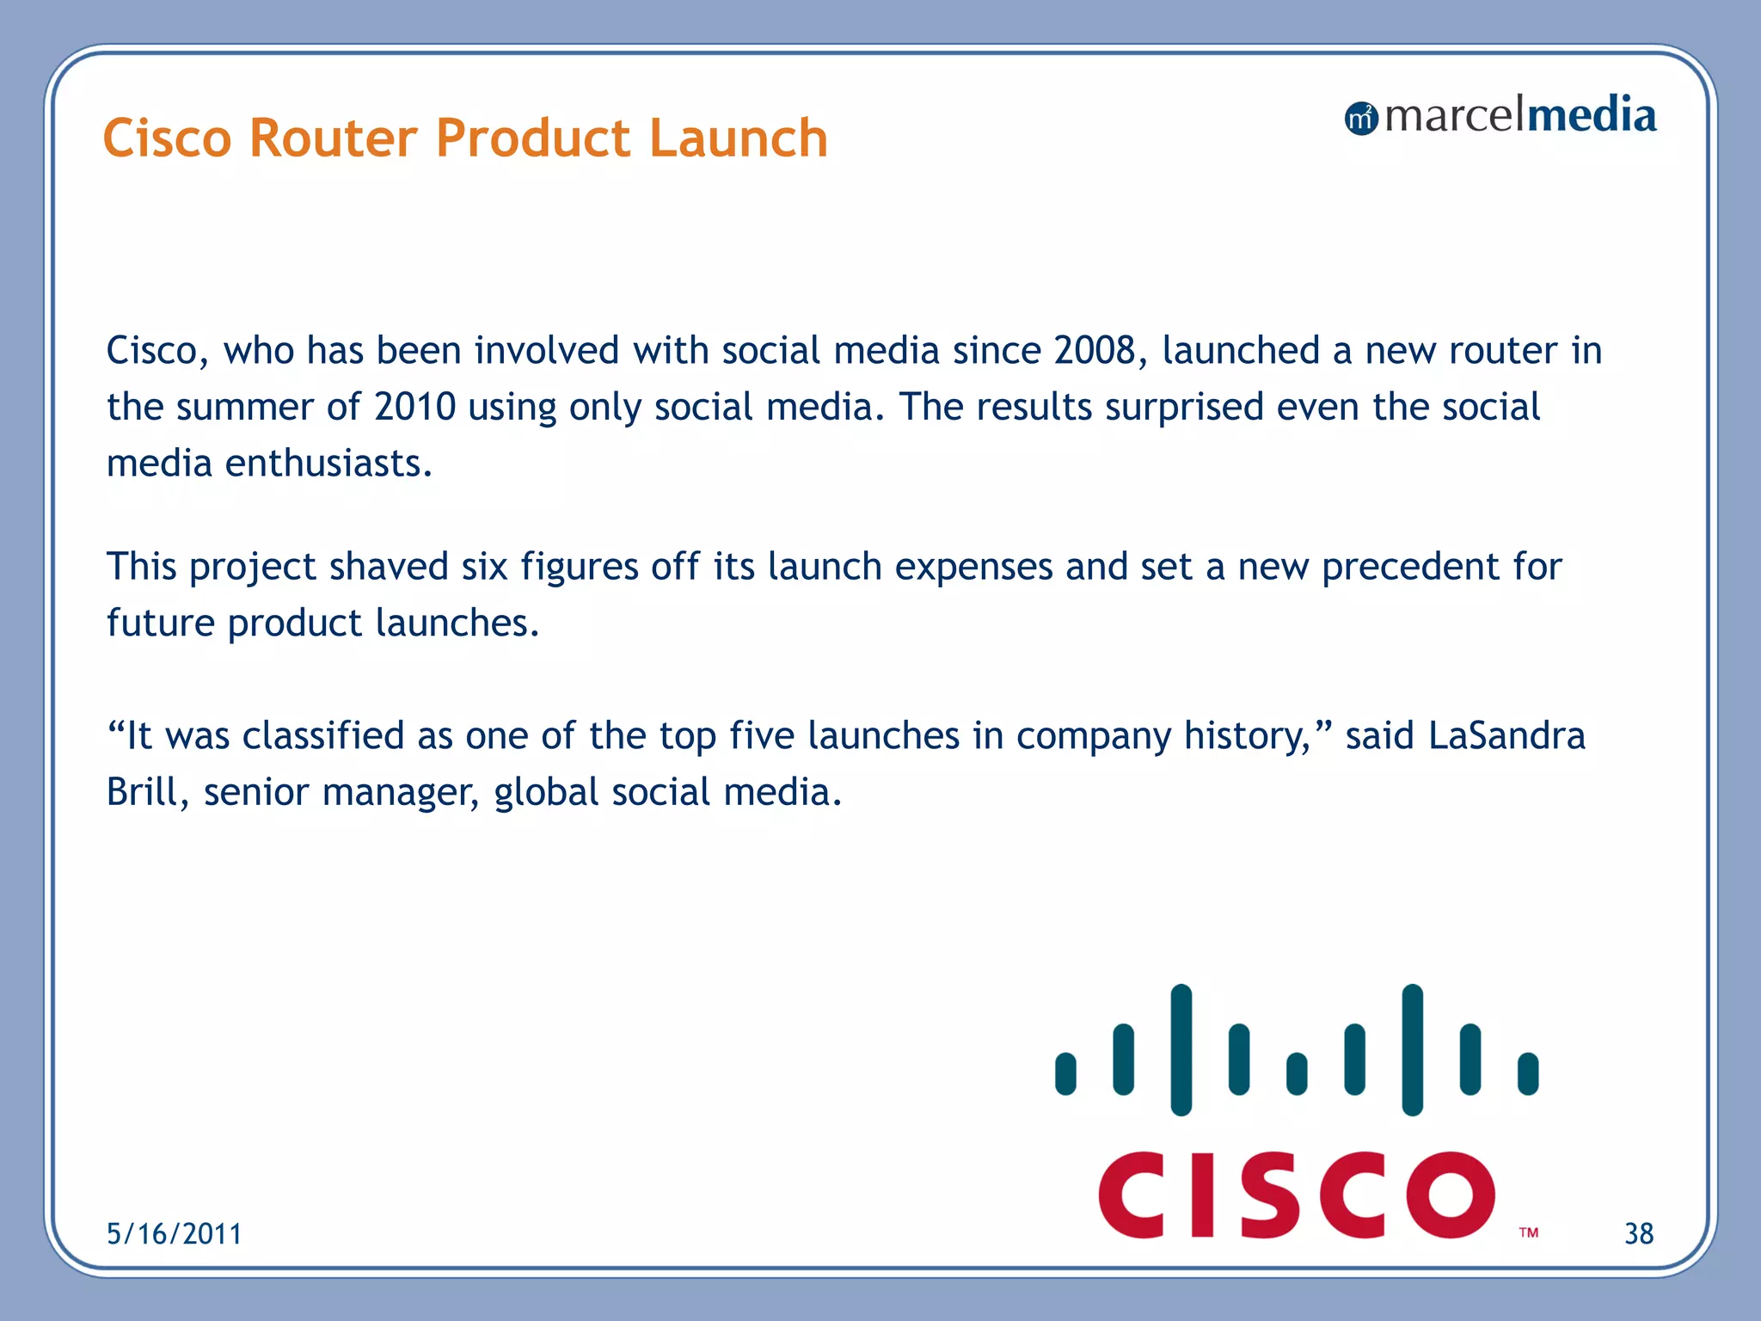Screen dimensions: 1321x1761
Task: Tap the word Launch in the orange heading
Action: pos(738,138)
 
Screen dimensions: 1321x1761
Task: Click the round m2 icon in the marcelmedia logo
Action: pos(1360,119)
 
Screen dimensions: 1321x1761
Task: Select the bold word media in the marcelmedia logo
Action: pos(1591,116)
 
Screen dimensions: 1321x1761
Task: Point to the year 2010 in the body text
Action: pos(414,407)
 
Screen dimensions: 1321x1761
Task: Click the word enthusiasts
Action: pos(328,464)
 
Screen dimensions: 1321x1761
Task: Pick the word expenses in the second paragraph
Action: pos(973,567)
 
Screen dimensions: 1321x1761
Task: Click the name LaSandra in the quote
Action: pos(1506,736)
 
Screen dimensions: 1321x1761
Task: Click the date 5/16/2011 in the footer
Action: pos(174,1234)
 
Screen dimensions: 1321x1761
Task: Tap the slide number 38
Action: pos(1638,1234)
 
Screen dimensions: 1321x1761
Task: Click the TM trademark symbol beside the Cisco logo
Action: pos(1528,1232)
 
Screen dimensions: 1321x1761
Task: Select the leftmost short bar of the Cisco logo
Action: pos(1065,1073)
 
